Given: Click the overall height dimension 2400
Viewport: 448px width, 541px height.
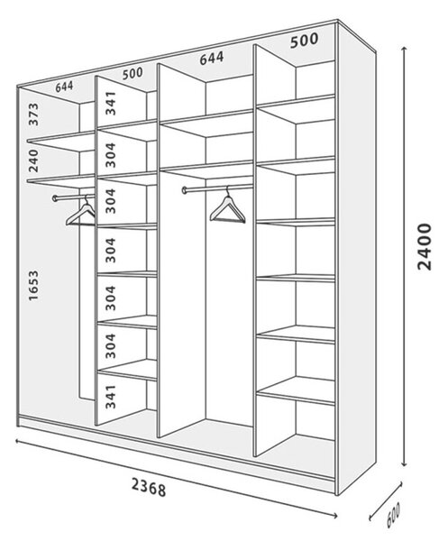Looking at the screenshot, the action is tap(424, 246).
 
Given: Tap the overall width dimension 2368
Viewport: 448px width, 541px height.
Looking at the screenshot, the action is tap(149, 488).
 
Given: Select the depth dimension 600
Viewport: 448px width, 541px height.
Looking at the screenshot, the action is tap(393, 515).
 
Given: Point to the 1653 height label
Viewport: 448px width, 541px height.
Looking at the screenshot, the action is tap(33, 286).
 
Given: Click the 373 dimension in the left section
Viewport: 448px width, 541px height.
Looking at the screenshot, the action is tap(33, 115).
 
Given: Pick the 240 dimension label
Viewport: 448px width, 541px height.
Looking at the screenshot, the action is tap(33, 160).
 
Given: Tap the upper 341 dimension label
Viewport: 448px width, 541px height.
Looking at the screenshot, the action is tap(111, 103).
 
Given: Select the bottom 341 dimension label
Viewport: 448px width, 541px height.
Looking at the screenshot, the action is tap(111, 397).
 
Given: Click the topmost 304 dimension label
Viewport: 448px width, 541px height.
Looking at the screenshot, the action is tap(111, 155).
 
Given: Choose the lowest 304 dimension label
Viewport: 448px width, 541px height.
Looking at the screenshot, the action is tap(111, 345).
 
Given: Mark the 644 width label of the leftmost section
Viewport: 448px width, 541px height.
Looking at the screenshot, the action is tap(65, 87).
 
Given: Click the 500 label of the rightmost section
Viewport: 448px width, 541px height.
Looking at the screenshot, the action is tap(304, 40).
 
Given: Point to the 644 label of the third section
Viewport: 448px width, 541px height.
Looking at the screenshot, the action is tap(212, 59).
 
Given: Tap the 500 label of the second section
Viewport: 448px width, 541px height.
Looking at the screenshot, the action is tap(133, 74).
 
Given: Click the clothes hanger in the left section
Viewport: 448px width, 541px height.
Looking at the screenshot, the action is tap(81, 213).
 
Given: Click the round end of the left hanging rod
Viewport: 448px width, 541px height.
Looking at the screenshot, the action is tap(55, 198).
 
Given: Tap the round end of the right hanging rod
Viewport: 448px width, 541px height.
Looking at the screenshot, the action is tap(185, 189).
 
